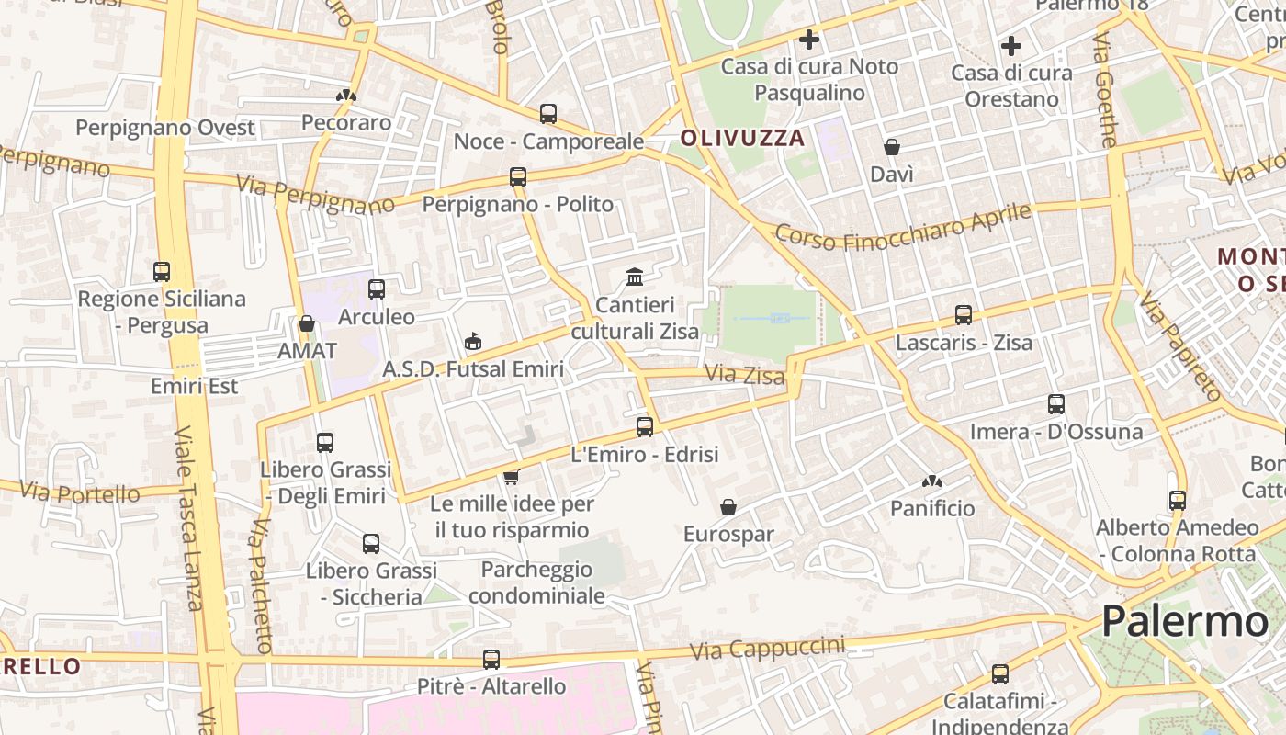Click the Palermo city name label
[x=1184, y=622]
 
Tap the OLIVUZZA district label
[x=742, y=139]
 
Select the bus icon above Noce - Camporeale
[x=548, y=114]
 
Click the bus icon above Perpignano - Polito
[x=518, y=177]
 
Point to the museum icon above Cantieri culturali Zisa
[x=635, y=277]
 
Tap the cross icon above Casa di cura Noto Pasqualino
[x=808, y=40]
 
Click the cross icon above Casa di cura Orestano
[x=1011, y=46]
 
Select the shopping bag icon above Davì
[x=891, y=147]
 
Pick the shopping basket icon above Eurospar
[x=728, y=507]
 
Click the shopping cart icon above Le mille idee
[x=512, y=477]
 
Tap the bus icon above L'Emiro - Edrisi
[x=645, y=427]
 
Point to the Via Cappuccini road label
[x=767, y=648]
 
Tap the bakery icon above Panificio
[x=932, y=481]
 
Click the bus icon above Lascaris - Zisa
[x=964, y=315]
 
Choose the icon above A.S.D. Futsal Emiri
[x=473, y=342]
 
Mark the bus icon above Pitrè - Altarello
[x=491, y=660]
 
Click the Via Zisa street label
[x=745, y=375]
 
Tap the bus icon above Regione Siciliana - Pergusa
[x=162, y=272]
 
